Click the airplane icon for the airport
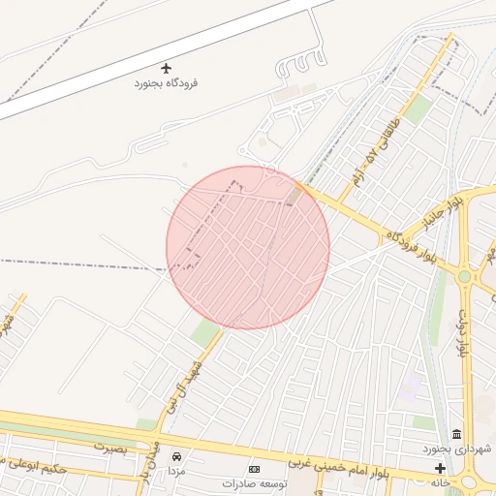click(167, 68)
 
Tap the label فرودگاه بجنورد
click(166, 83)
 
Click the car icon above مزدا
click(176, 455)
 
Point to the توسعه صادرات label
click(255, 482)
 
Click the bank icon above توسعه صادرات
click(255, 469)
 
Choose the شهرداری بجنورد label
click(457, 449)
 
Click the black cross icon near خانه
click(441, 469)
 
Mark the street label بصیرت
click(110, 447)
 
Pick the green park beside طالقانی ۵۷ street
click(417, 108)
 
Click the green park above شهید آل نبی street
click(205, 335)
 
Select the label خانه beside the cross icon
click(441, 482)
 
